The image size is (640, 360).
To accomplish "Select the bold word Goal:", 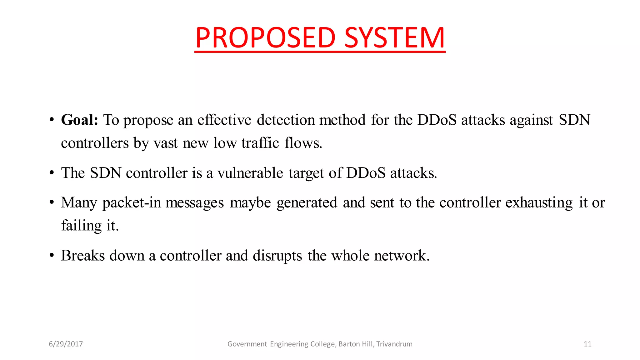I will click(80, 120).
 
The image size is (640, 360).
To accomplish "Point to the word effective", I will click(224, 120).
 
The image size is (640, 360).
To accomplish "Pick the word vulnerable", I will click(250, 173).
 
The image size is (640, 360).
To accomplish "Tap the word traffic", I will click(260, 143).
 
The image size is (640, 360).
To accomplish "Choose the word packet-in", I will click(132, 203).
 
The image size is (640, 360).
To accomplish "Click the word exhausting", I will click(539, 203).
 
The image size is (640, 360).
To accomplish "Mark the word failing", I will click(81, 226).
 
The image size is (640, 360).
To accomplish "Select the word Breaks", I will click(83, 256).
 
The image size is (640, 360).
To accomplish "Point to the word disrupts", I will click(277, 256).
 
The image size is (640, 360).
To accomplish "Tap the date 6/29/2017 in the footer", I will click(66, 344).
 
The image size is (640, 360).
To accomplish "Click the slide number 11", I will click(587, 344).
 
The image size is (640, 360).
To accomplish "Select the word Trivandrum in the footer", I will click(394, 344).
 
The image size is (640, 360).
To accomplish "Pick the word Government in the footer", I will click(247, 344).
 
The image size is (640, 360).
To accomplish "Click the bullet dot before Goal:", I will click(52, 120).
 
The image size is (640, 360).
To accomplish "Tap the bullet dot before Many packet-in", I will click(52, 203).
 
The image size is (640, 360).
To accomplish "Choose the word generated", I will click(307, 203).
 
